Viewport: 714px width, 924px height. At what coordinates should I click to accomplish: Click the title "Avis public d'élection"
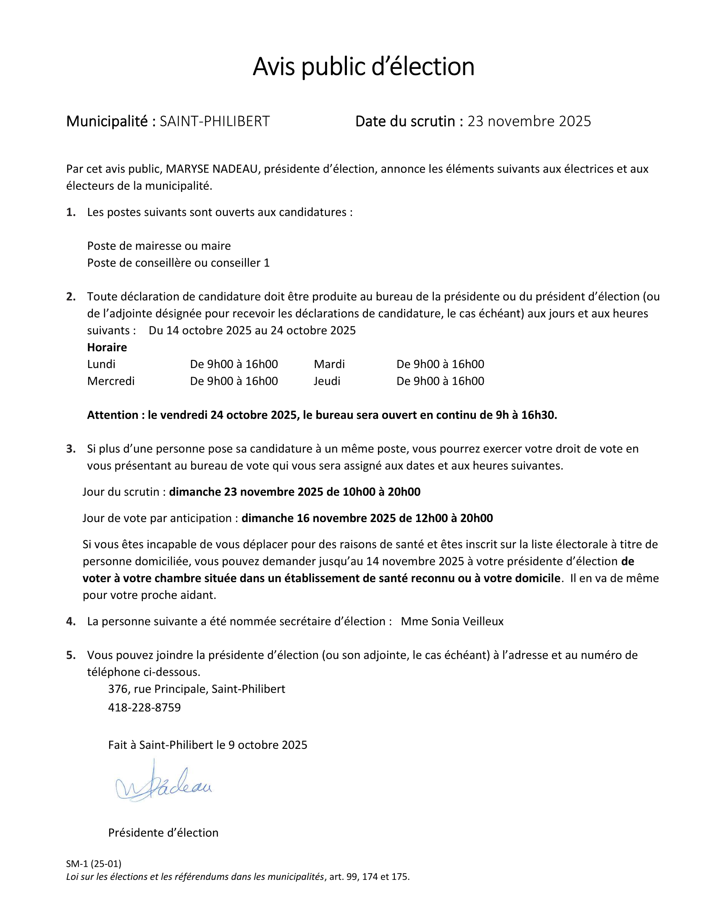[x=363, y=66]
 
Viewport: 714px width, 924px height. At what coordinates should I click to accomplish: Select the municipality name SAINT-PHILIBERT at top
[x=215, y=121]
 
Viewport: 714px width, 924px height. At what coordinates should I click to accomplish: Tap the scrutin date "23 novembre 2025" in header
[x=529, y=121]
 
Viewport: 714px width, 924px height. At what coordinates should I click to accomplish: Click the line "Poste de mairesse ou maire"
[x=159, y=246]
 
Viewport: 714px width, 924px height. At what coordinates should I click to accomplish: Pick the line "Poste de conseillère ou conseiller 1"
[x=178, y=263]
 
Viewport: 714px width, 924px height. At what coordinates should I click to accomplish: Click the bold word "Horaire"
[x=107, y=347]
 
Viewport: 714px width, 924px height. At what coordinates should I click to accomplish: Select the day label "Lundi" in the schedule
[x=101, y=364]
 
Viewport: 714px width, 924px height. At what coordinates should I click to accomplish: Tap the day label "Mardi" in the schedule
[x=329, y=364]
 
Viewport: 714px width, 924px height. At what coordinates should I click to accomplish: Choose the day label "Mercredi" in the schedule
[x=111, y=381]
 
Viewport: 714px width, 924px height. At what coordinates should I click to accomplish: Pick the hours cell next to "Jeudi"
[x=440, y=381]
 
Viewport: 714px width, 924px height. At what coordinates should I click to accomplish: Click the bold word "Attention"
[x=113, y=415]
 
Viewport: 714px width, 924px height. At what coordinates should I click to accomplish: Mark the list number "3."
[x=71, y=449]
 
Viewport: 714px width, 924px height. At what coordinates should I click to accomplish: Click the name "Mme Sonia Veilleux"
[x=452, y=622]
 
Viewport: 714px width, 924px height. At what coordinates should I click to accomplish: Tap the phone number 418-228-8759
[x=144, y=708]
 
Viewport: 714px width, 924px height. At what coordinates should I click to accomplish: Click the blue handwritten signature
[x=163, y=786]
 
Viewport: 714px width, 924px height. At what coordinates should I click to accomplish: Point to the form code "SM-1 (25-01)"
[x=94, y=864]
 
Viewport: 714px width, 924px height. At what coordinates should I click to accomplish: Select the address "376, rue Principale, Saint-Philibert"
[x=196, y=689]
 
